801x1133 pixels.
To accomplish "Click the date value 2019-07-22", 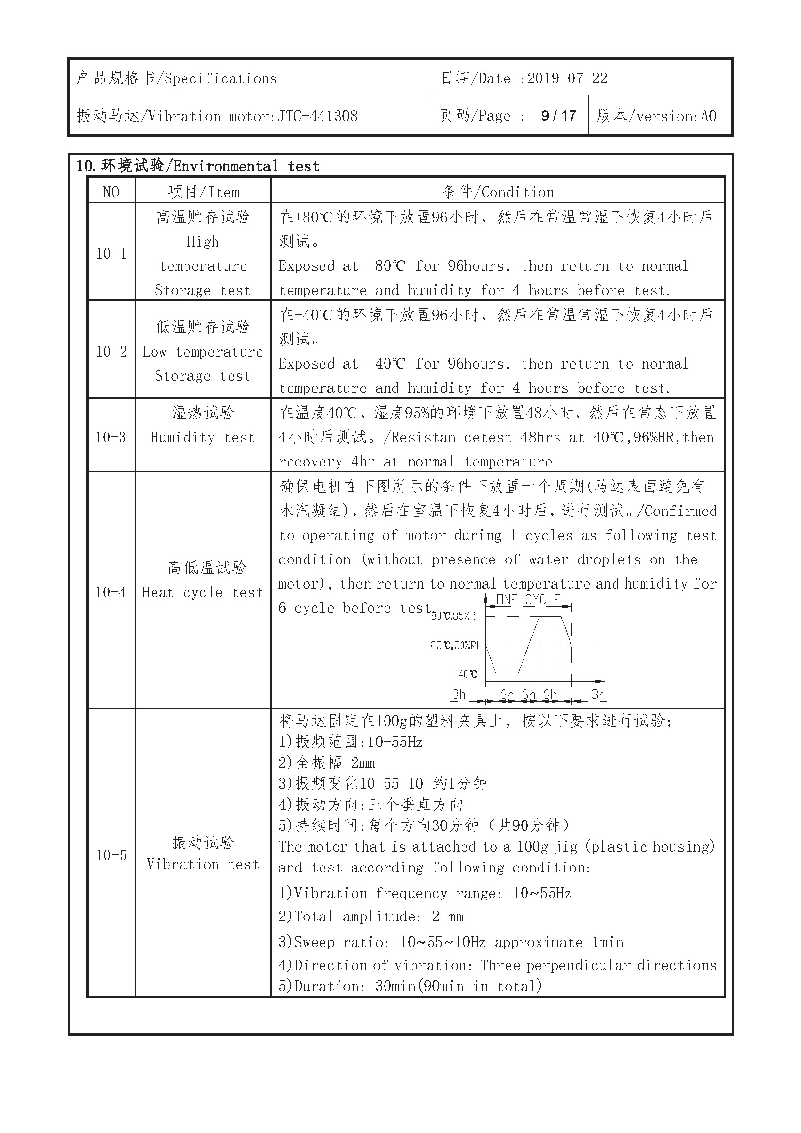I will point(567,78).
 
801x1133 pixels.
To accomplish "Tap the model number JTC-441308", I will point(318,116).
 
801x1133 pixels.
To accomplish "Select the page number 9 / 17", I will point(558,116).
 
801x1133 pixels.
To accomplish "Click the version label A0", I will point(709,116).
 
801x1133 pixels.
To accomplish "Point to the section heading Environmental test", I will point(246,166).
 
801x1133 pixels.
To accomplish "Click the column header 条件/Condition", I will point(498,192).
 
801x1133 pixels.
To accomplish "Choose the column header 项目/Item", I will point(203,192).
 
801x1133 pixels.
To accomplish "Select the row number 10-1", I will point(111,254).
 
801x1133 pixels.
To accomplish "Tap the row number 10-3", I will point(111,437).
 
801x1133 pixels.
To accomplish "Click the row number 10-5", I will point(111,855).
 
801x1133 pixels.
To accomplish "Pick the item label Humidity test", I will point(203,438).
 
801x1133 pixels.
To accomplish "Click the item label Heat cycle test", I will point(203,592).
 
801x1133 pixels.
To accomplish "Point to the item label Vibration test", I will point(203,865).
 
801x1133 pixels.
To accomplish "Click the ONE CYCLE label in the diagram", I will point(528,600).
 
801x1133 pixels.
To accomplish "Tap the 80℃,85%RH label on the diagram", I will point(456,616).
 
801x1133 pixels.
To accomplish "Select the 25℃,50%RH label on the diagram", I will point(456,645).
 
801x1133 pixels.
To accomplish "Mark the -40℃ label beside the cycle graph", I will point(464,675).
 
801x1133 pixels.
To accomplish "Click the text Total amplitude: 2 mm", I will point(371,917).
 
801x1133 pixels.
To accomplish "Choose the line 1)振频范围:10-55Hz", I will point(351,742).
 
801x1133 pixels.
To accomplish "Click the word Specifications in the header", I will point(220,79).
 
